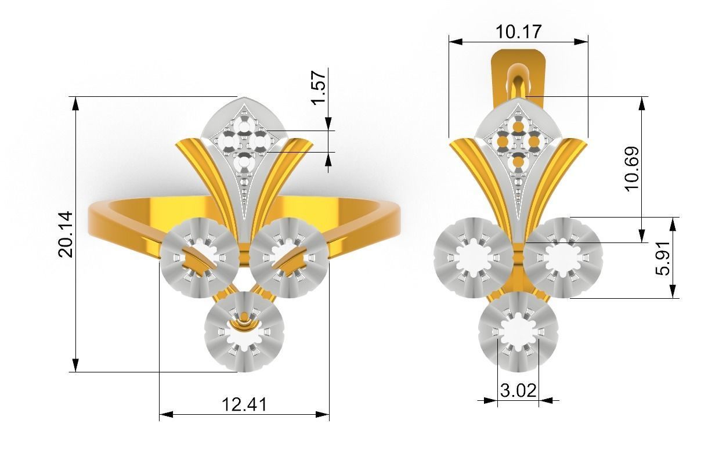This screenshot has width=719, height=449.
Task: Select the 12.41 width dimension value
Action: (244, 404)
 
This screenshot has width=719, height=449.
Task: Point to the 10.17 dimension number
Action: (518, 31)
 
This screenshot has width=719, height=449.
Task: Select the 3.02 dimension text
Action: (518, 390)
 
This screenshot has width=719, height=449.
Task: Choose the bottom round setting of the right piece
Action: (518, 331)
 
